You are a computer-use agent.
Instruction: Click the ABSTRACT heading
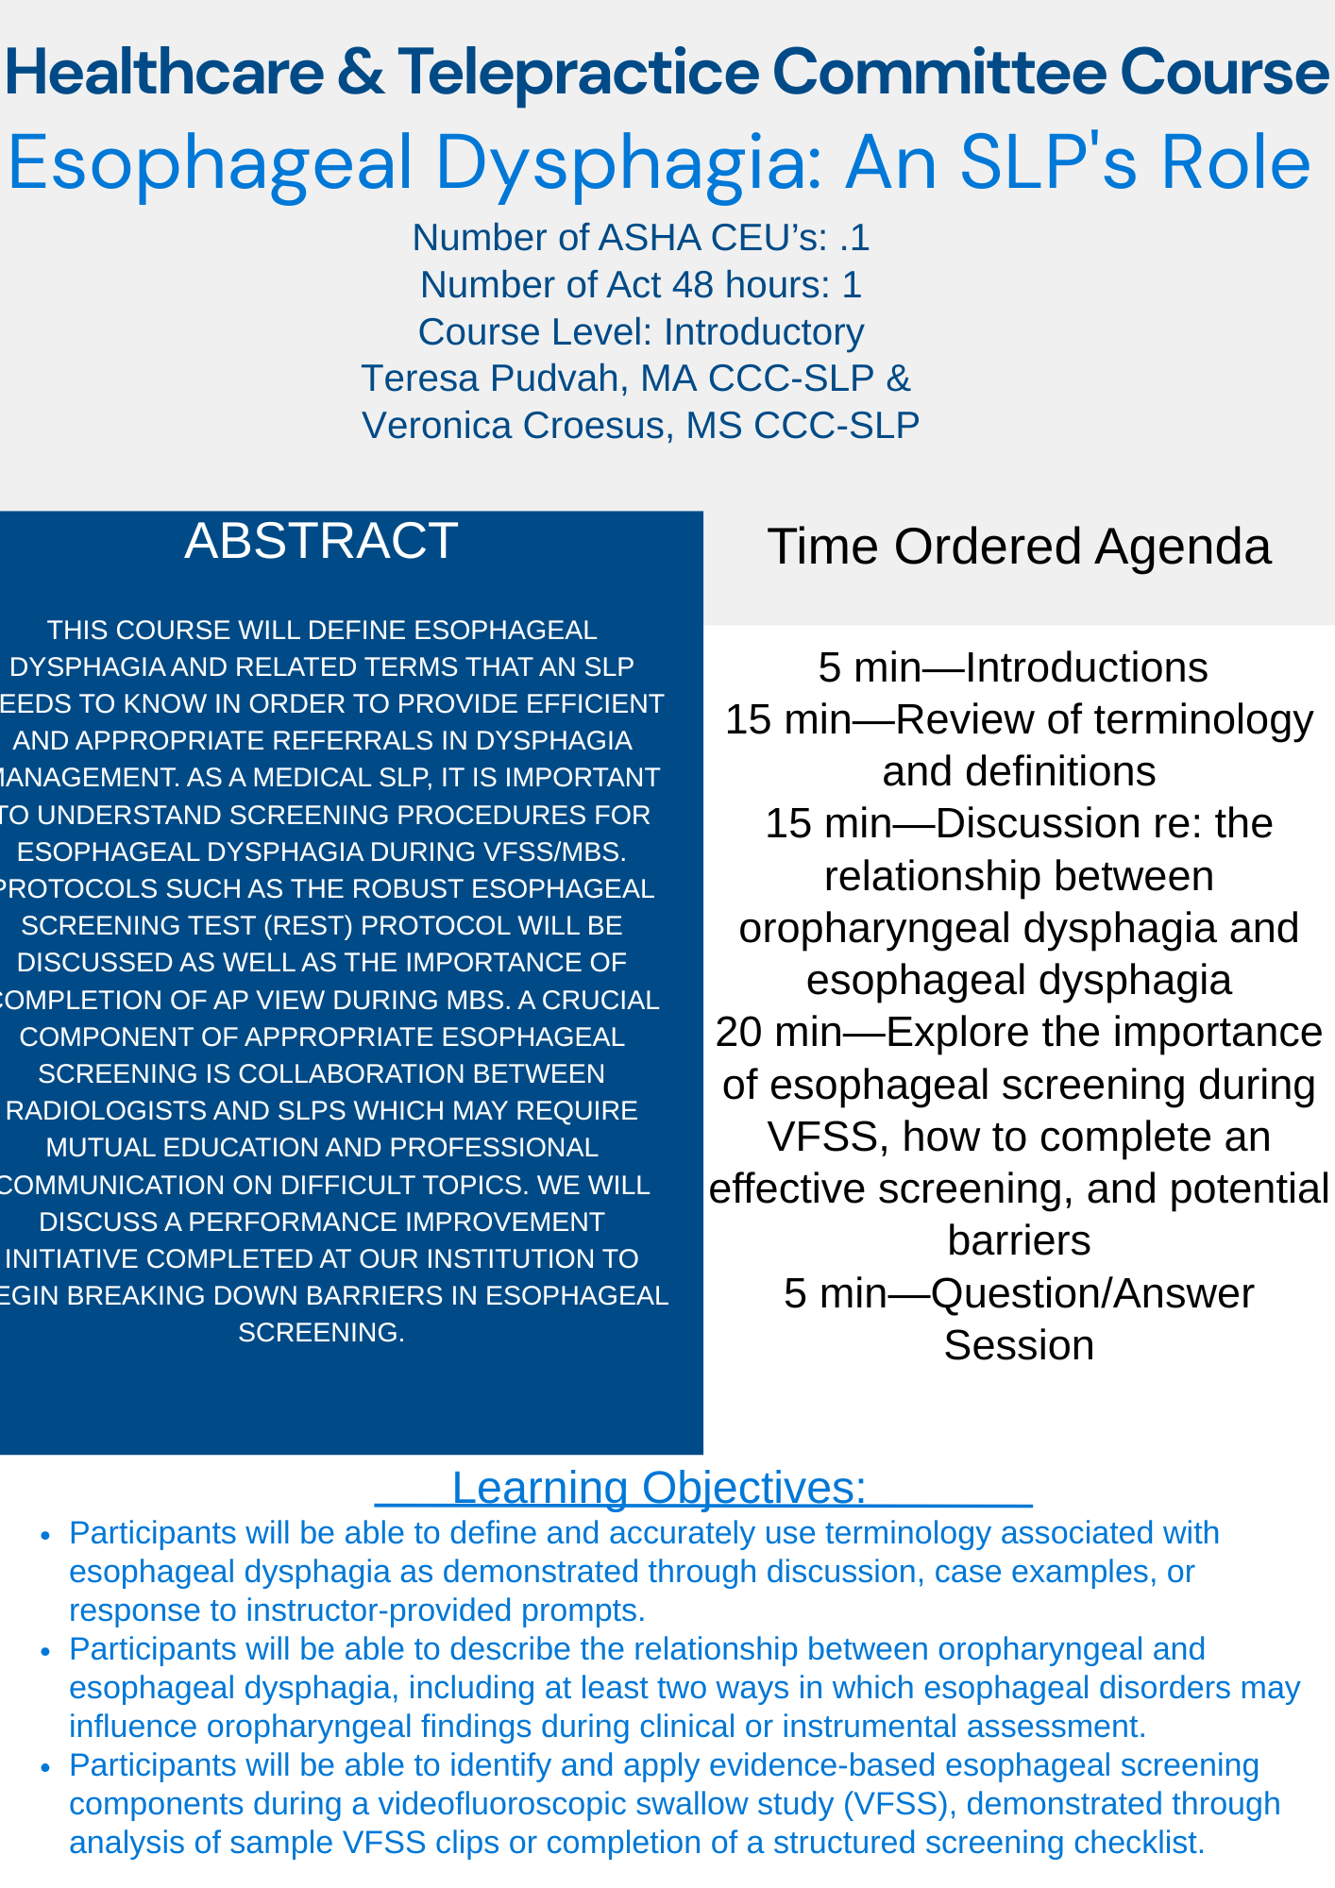(x=321, y=542)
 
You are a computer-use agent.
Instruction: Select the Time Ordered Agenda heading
(x=1019, y=548)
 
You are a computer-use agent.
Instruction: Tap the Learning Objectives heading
(x=659, y=1488)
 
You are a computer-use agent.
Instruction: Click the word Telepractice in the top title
(x=577, y=74)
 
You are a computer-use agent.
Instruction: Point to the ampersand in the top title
(x=360, y=74)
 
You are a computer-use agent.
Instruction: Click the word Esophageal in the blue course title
(x=210, y=163)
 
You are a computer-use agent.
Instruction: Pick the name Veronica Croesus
(x=515, y=426)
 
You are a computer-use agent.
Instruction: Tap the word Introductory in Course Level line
(x=764, y=332)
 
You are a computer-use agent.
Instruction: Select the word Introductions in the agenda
(x=1086, y=668)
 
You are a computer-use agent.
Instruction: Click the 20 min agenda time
(x=778, y=1033)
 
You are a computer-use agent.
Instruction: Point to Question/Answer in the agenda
(x=1092, y=1293)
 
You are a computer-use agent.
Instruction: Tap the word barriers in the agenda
(x=1019, y=1241)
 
